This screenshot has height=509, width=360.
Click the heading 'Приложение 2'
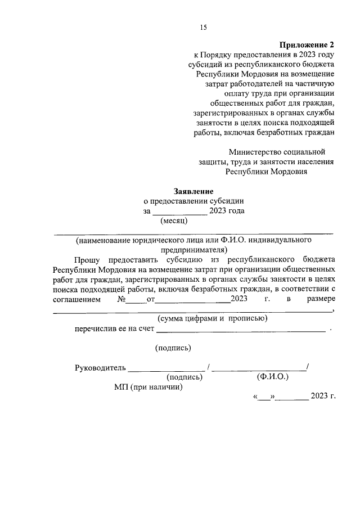(308, 44)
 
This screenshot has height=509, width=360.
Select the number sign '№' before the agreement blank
(121, 299)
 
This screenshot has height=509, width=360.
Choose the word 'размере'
(321, 299)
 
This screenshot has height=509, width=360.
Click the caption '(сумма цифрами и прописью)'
(213, 318)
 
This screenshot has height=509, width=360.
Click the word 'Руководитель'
(98, 368)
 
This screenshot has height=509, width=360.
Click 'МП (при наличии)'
(148, 387)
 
